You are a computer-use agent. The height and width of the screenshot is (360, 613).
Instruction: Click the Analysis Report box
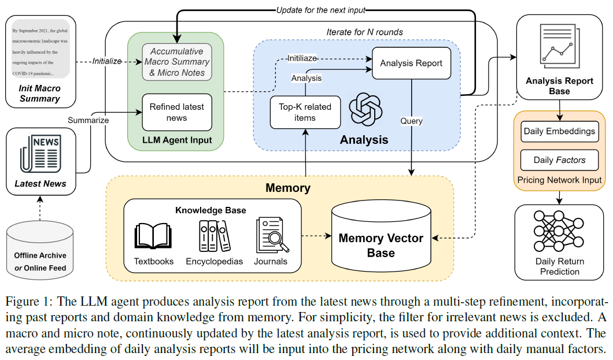(411, 64)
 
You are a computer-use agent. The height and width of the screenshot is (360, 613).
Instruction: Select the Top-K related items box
(305, 112)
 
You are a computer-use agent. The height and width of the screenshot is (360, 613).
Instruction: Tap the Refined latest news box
(176, 112)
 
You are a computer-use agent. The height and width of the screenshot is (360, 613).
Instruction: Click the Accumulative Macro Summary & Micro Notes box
(177, 62)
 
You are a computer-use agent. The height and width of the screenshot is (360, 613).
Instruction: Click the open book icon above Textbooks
(153, 237)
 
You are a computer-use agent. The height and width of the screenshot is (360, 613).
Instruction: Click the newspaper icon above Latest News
(40, 153)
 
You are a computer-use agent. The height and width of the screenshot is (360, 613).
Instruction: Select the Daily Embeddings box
(559, 131)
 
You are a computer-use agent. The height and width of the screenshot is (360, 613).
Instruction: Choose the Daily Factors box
(559, 160)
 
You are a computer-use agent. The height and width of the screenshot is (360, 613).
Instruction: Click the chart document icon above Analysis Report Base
(559, 44)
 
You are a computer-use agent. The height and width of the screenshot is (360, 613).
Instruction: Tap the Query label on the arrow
(411, 121)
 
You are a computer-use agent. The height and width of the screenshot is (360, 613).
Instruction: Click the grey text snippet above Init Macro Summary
(40, 49)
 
